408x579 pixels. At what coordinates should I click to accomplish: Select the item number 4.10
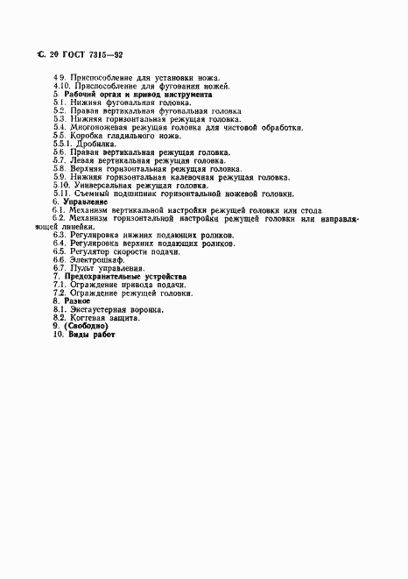pyautogui.click(x=61, y=86)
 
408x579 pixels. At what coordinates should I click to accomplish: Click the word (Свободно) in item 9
pyautogui.click(x=91, y=326)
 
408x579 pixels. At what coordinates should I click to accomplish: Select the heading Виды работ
pyautogui.click(x=92, y=335)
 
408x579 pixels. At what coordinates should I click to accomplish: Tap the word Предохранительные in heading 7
pyautogui.click(x=109, y=276)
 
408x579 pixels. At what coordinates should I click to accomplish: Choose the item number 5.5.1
pyautogui.click(x=62, y=144)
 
